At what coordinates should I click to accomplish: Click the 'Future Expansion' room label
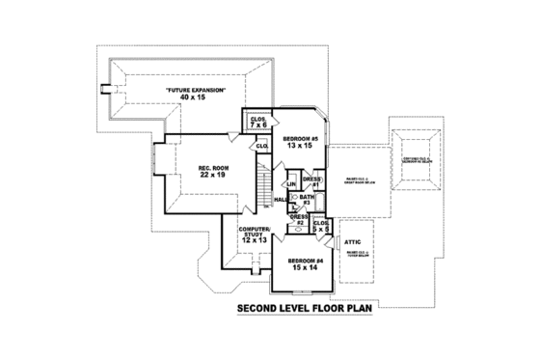click(196, 90)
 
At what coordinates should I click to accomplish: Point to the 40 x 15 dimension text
click(196, 97)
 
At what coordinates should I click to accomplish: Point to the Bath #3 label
click(307, 200)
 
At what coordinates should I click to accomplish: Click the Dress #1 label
click(311, 180)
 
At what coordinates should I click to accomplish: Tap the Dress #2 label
click(300, 220)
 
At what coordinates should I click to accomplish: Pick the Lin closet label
click(290, 183)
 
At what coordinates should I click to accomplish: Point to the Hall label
click(280, 200)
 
